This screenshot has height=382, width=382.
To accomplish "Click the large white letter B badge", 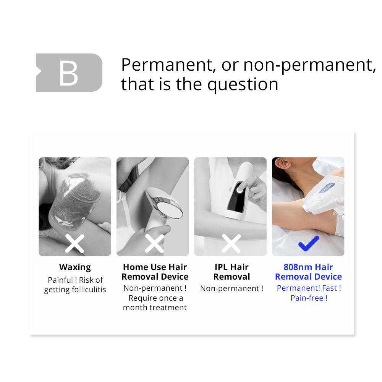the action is point(69,73).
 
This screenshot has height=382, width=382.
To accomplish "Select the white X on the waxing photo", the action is point(74,244).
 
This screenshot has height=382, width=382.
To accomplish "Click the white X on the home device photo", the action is point(154,244).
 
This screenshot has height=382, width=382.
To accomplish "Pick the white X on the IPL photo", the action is point(231,244).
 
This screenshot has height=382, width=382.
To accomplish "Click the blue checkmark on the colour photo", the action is point(309,243).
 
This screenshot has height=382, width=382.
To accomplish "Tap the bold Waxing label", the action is point(75,267).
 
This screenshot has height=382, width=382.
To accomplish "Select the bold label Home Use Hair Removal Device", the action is point(155,272).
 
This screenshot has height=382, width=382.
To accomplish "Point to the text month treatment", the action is point(155,308).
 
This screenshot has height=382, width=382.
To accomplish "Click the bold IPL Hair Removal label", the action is point(232,272).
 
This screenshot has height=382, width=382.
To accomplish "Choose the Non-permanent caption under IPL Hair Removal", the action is point(232,288).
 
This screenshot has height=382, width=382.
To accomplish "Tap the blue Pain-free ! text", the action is point(309,298).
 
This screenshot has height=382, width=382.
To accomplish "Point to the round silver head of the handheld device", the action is point(170,209).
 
